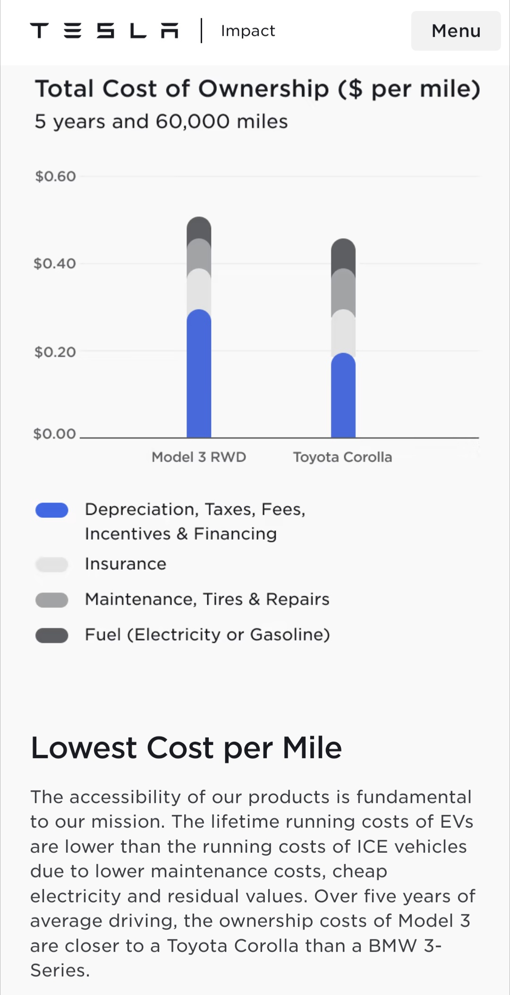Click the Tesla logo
pos(104,31)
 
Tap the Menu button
pos(456,31)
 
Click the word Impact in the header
pos(248,31)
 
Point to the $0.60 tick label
pos(55,177)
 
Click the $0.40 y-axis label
pos(55,264)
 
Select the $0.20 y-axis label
pos(55,352)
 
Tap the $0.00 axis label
pos(55,434)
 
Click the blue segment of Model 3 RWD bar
pos(199,378)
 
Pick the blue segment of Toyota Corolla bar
pos(343,399)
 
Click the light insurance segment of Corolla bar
pos(343,333)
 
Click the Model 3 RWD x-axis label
pos(199,457)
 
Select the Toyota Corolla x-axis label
pos(342,457)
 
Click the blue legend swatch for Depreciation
pos(52,510)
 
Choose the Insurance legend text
pos(126,564)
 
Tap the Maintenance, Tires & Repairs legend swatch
pos(52,600)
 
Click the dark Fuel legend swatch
pos(52,635)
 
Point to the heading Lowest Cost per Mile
pos(186,748)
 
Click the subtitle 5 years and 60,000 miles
pos(161,122)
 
